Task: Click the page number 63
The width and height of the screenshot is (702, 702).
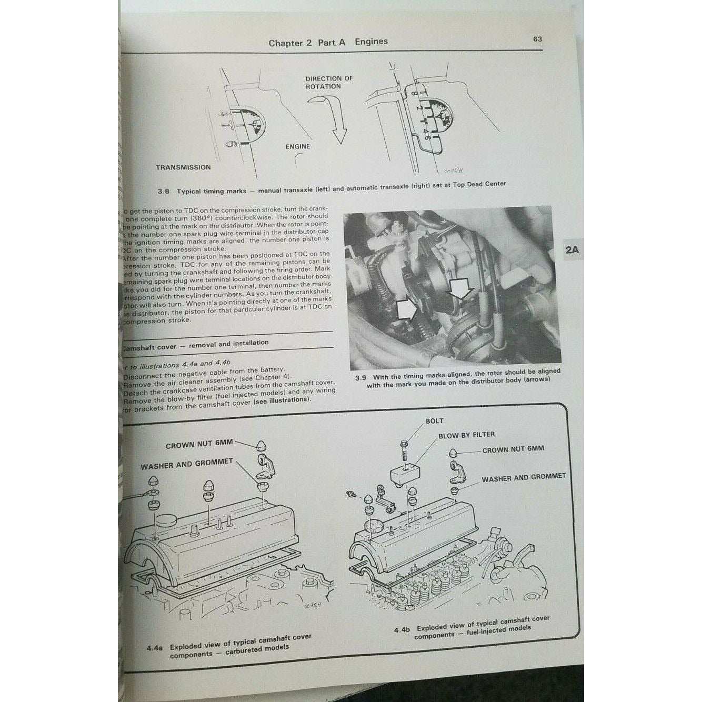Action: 537,39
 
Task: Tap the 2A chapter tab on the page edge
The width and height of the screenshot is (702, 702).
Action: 572,251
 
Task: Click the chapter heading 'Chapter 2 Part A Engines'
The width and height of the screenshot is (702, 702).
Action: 328,42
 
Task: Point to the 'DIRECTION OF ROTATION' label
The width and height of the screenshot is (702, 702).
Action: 329,83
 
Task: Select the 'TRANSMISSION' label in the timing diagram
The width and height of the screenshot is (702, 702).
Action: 183,167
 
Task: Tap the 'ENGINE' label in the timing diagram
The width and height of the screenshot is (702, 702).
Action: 297,147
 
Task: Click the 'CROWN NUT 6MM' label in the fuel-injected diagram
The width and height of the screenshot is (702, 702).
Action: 513,449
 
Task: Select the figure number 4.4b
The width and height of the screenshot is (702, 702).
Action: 403,630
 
